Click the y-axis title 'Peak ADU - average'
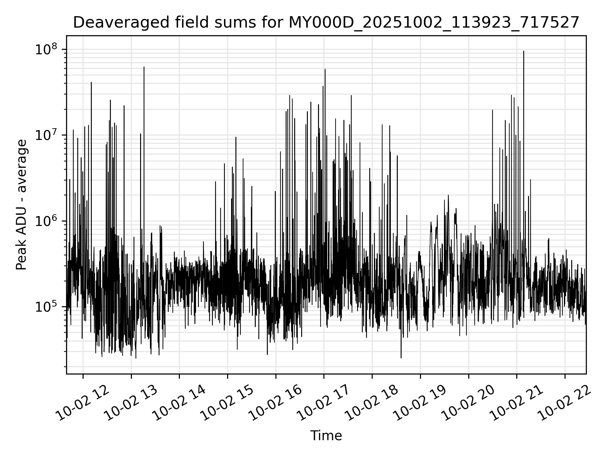[x=22, y=205]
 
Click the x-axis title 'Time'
[x=326, y=436]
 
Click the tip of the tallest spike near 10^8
[x=524, y=51]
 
